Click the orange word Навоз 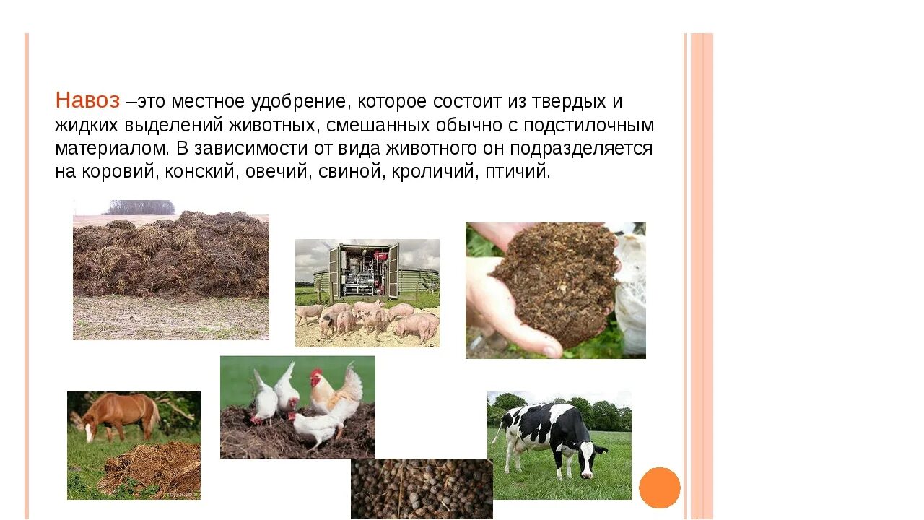tap(87, 101)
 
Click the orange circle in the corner tap(659, 487)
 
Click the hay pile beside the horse tap(155, 468)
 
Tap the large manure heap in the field tap(171, 256)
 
